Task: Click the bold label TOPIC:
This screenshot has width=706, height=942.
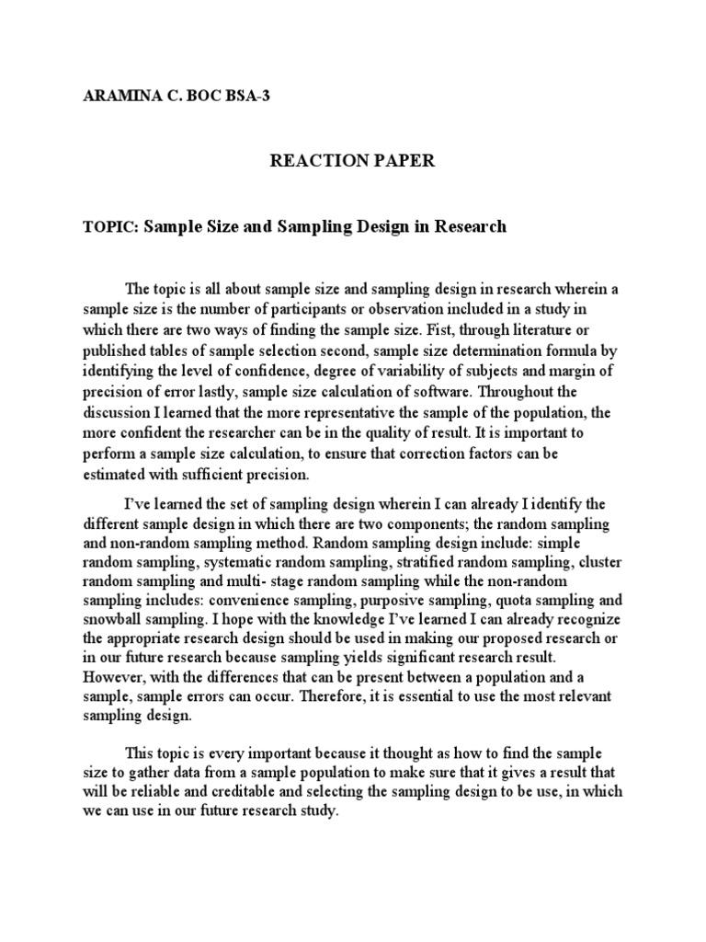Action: pos(108,226)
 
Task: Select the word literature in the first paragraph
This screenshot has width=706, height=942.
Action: pos(547,330)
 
